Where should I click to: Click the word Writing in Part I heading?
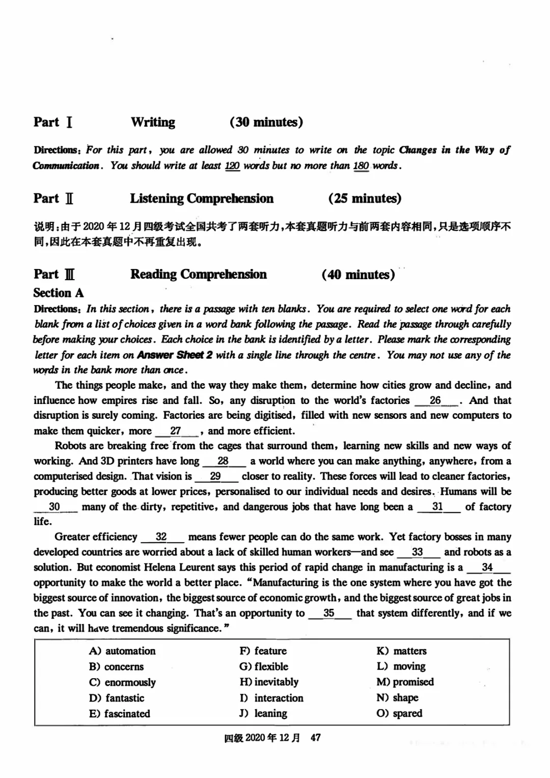pyautogui.click(x=153, y=122)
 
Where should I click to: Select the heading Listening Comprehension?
pyautogui.click(x=202, y=199)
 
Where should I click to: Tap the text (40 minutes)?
pyautogui.click(x=358, y=275)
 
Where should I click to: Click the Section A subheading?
pyautogui.click(x=58, y=293)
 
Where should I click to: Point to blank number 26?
pyautogui.click(x=435, y=400)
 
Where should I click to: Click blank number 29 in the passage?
pyautogui.click(x=215, y=476)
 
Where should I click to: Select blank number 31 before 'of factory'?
pyautogui.click(x=437, y=507)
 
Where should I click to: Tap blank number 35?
pyautogui.click(x=329, y=613)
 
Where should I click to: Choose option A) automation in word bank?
pyautogui.click(x=122, y=651)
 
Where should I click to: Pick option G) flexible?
pyautogui.click(x=264, y=666)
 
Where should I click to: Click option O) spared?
pyautogui.click(x=399, y=713)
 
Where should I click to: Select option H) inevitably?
pyautogui.click(x=269, y=682)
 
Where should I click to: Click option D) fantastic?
pyautogui.click(x=117, y=698)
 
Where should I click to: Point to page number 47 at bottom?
pyautogui.click(x=315, y=738)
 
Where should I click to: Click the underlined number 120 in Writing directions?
pyautogui.click(x=232, y=166)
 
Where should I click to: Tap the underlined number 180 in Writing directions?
pyautogui.click(x=361, y=166)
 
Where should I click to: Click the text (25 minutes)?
pyautogui.click(x=365, y=199)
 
